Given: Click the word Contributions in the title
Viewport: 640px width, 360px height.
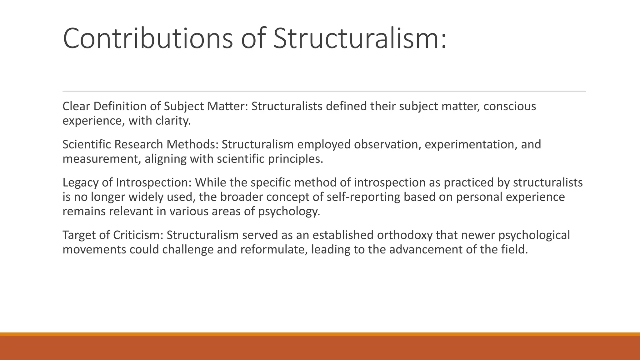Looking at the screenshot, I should (148, 38).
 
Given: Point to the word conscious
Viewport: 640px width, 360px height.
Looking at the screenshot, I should (510, 107).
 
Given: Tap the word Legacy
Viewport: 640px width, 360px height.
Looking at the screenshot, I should (80, 183).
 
